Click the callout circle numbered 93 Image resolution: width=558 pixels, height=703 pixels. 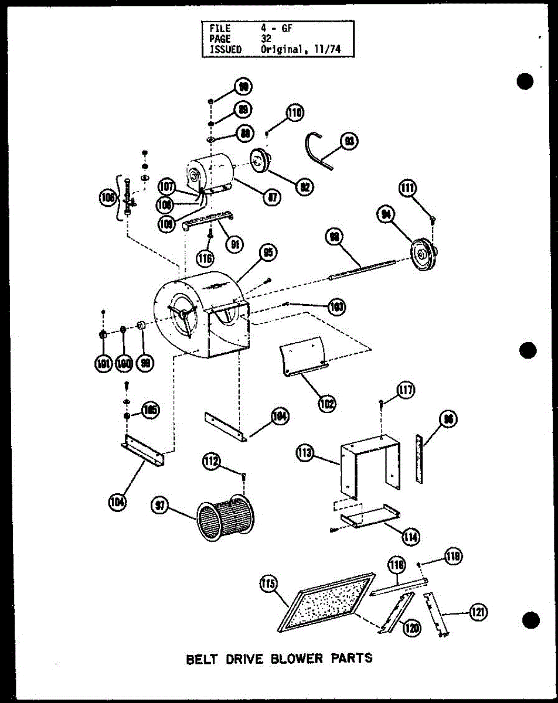[351, 142]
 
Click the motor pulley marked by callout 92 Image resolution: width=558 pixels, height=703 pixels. [258, 159]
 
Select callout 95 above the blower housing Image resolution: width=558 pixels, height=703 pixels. [268, 253]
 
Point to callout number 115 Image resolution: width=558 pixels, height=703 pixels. [268, 584]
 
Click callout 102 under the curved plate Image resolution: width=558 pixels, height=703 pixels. [327, 402]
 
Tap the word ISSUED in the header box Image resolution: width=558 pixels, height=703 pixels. [221, 50]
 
